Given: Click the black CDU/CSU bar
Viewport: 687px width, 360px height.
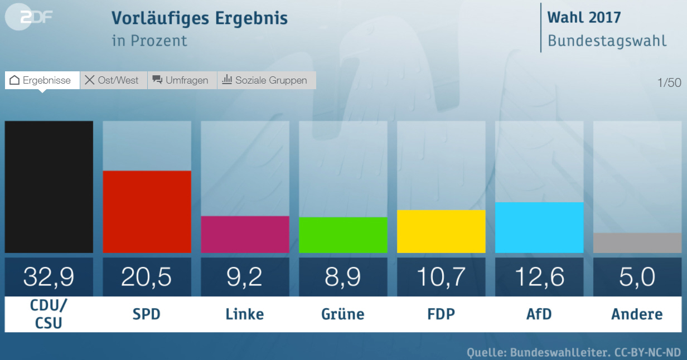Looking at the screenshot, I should pyautogui.click(x=49, y=187).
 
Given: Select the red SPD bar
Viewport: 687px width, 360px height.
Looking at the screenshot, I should pyautogui.click(x=147, y=212).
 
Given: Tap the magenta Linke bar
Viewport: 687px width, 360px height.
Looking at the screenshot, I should pyautogui.click(x=245, y=234).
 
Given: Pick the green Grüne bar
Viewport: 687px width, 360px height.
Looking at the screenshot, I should pyautogui.click(x=343, y=235).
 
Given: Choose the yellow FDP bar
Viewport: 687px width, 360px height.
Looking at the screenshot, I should pyautogui.click(x=441, y=231).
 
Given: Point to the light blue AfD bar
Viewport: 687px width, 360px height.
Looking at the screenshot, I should pyautogui.click(x=539, y=227).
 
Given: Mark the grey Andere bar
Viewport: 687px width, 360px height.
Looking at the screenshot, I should pyautogui.click(x=637, y=243).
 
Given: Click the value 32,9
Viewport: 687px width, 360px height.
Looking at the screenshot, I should pyautogui.click(x=49, y=277).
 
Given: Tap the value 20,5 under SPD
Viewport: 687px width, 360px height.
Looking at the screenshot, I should pyautogui.click(x=147, y=277).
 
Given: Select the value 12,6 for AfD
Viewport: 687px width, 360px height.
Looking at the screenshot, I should pyautogui.click(x=539, y=277).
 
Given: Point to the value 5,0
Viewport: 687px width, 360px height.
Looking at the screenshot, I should pyautogui.click(x=637, y=277).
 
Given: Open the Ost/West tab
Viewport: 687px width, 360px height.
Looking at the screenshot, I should pyautogui.click(x=113, y=80).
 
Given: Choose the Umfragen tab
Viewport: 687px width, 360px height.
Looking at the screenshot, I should pyautogui.click(x=182, y=80).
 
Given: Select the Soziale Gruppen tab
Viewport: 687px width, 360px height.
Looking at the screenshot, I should pyautogui.click(x=266, y=80).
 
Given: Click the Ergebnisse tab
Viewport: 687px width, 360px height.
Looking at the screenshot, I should pyautogui.click(x=42, y=80).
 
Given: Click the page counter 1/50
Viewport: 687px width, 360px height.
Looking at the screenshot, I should pyautogui.click(x=669, y=83).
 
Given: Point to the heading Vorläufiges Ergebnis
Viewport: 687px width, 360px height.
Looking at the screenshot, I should pyautogui.click(x=200, y=18).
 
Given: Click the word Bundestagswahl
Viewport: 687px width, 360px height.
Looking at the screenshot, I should pyautogui.click(x=607, y=41).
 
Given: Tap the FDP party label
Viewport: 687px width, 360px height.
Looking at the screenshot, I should pyautogui.click(x=441, y=314).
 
